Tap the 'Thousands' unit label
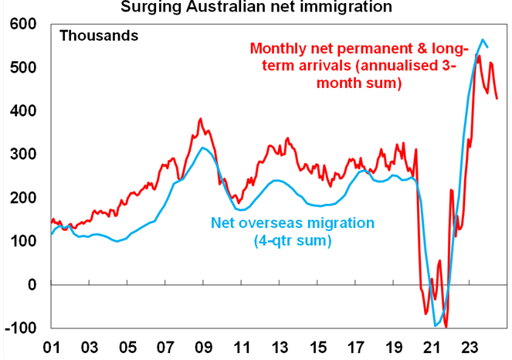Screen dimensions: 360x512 coord(99,36)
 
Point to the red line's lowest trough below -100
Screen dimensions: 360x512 coord(446,328)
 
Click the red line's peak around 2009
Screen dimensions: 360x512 coord(200,119)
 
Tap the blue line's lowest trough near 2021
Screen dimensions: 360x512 coord(436,325)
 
